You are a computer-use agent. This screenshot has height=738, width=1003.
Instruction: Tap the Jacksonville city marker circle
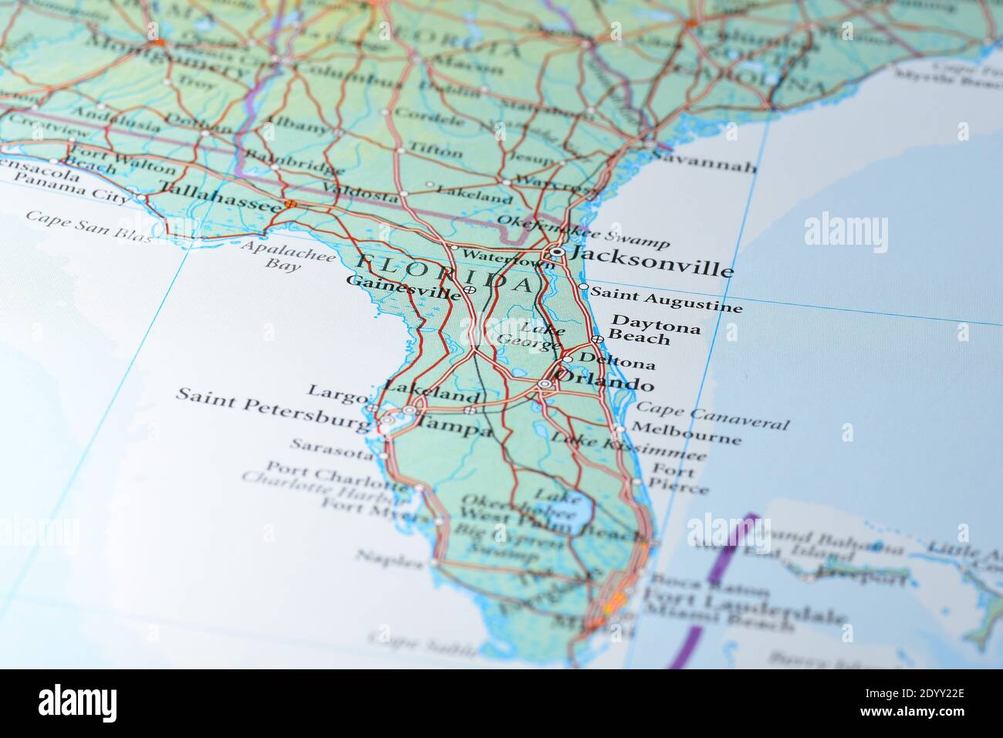(557, 252)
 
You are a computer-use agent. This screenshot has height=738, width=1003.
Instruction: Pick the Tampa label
(454, 426)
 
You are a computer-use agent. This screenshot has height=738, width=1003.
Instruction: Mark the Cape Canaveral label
(713, 416)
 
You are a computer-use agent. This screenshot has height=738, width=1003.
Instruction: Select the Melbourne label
(687, 434)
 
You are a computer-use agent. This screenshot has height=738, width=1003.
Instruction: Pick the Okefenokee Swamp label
(583, 231)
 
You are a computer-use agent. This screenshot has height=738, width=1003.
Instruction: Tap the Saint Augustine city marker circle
(583, 287)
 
